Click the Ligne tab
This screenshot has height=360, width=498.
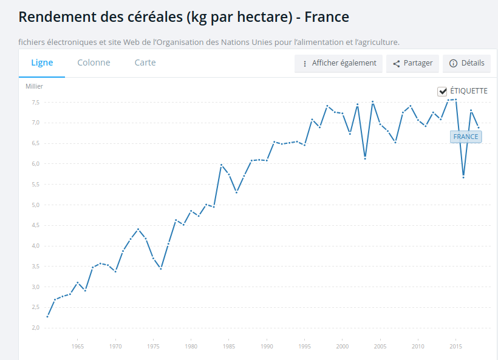tap(42, 63)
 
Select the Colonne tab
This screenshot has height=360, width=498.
tap(94, 63)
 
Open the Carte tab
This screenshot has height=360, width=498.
tap(145, 63)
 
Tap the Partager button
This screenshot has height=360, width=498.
tap(412, 63)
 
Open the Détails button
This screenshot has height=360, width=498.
tap(467, 63)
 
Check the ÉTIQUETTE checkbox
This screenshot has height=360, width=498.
tap(442, 91)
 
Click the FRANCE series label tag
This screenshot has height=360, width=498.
tap(465, 137)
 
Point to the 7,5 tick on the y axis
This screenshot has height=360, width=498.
tap(36, 102)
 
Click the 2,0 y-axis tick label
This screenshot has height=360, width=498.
tap(36, 328)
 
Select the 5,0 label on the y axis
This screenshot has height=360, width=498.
tap(36, 205)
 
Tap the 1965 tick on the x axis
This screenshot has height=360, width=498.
tap(77, 347)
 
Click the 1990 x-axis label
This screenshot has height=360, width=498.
tap(267, 347)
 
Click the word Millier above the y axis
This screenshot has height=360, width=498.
tap(34, 86)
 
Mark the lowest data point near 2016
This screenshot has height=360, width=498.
tap(463, 177)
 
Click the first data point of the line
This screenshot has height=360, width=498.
tap(47, 316)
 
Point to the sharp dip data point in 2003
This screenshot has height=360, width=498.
tap(365, 158)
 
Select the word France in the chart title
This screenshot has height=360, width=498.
tap(327, 17)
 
